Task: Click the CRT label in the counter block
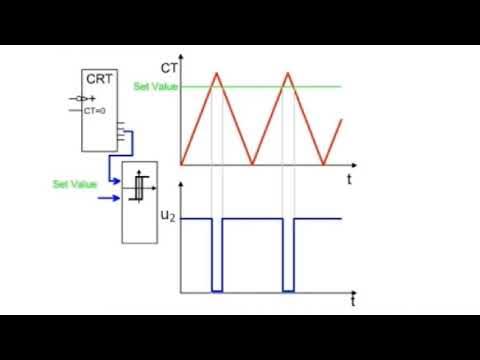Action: click(97, 79)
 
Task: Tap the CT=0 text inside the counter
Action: click(95, 112)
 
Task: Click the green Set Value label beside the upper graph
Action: click(153, 87)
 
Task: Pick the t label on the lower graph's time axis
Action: click(353, 300)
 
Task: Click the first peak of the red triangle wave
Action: click(216, 72)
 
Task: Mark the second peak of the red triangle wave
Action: click(289, 72)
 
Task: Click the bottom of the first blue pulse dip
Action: click(217, 291)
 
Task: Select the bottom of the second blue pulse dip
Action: click(289, 291)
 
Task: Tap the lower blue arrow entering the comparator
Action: click(107, 200)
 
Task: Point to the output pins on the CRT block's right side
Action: click(121, 130)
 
